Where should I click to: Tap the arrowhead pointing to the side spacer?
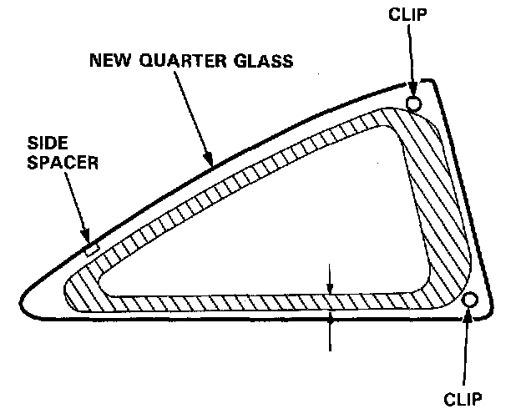88,240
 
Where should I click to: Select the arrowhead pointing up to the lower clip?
469,315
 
